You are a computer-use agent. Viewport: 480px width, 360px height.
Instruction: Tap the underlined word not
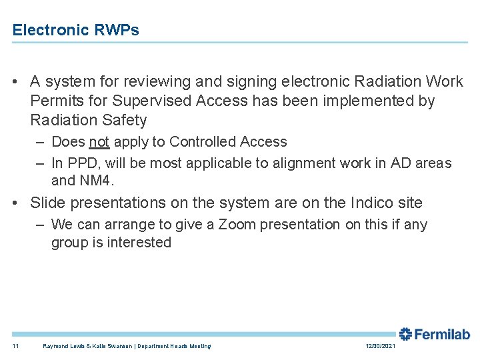click(x=99, y=142)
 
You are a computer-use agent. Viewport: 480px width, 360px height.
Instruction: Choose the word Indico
click(x=369, y=203)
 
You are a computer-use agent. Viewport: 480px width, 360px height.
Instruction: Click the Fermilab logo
click(x=434, y=334)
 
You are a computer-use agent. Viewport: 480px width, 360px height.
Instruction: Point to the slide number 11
click(x=16, y=346)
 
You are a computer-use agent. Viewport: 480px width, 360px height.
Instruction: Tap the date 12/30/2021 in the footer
click(x=381, y=346)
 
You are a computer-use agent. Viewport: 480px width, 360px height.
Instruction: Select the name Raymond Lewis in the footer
click(x=59, y=346)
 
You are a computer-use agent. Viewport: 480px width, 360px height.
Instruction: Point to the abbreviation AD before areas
click(x=397, y=163)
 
